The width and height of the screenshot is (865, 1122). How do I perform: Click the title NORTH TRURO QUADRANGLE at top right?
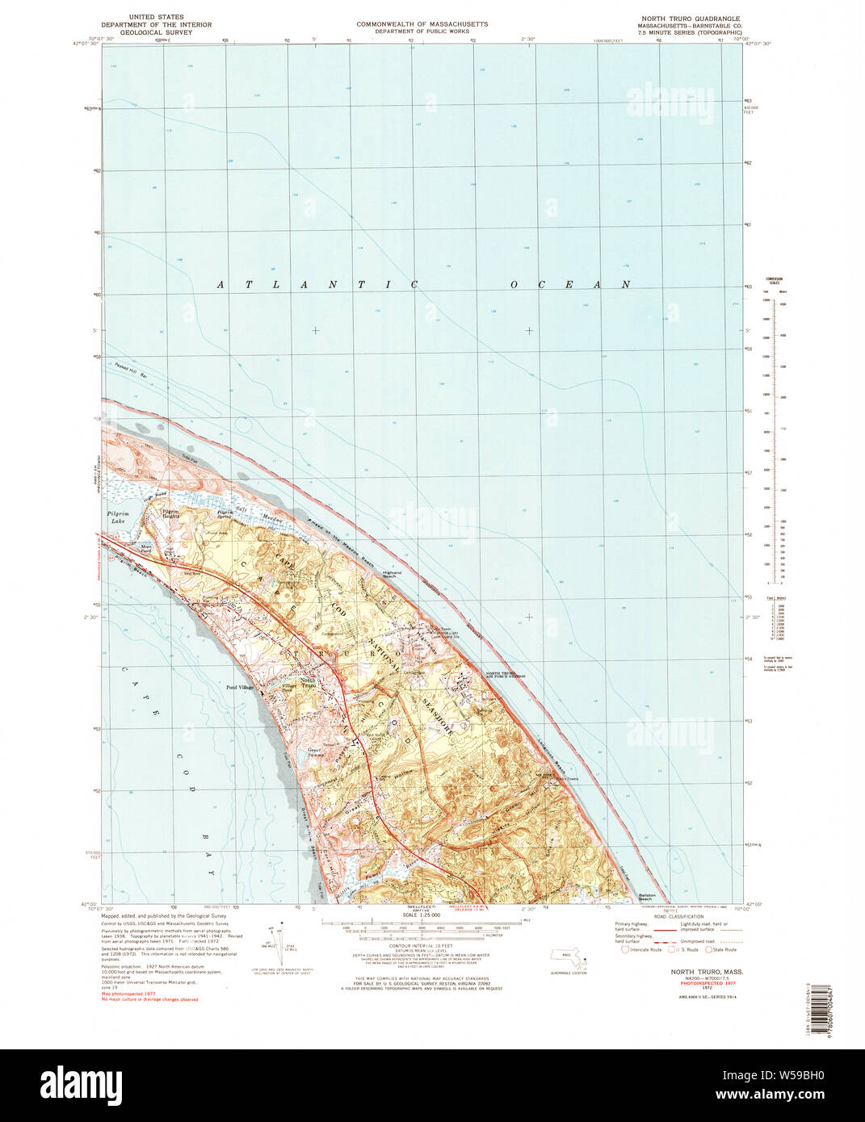701,18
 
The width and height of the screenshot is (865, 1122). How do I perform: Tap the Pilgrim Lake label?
117,517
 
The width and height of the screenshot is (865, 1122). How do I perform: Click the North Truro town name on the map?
307,682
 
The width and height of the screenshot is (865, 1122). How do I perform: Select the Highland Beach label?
394,576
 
